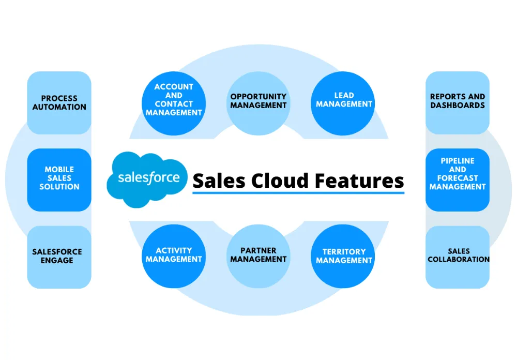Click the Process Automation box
pos(59,103)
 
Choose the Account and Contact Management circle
pos(174,100)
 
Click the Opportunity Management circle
pos(258,100)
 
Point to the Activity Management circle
pos(174,256)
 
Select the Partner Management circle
pos(258,256)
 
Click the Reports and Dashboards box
pos(458,102)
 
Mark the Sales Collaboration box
pos(458,257)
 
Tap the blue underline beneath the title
pos(298,193)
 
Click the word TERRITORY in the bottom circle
pos(344,252)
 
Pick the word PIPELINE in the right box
pos(458,161)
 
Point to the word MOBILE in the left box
pos(59,170)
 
